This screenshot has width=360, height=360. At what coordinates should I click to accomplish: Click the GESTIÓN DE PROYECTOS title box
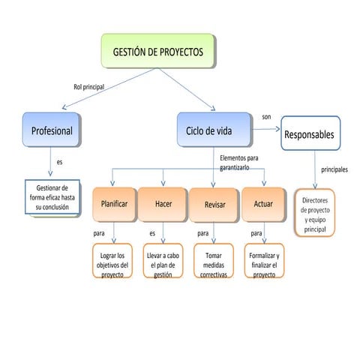(157, 52)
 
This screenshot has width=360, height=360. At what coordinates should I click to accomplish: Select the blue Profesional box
(51, 130)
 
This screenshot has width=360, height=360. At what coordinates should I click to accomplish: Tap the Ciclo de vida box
(214, 130)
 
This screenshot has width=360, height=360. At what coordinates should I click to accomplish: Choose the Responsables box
(310, 135)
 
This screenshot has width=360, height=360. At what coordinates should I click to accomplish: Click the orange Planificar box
(114, 204)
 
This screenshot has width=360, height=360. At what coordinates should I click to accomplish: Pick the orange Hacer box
(163, 204)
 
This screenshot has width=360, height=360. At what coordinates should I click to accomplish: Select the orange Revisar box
(214, 205)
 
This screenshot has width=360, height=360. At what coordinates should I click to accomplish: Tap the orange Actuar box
(263, 204)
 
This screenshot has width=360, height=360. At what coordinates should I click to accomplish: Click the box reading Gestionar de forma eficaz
(52, 197)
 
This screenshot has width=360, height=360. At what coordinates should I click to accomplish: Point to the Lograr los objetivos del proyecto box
(113, 260)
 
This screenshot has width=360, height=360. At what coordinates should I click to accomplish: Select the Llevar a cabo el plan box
(163, 260)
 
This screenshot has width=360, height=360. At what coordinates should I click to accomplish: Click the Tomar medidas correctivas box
(214, 260)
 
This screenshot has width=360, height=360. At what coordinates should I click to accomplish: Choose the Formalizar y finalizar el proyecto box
(264, 260)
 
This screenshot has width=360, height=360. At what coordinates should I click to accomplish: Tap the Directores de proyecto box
(315, 213)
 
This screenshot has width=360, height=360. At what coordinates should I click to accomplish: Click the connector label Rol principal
(88, 87)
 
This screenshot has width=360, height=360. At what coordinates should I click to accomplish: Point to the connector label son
(266, 117)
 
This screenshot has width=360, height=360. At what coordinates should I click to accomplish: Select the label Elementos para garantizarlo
(239, 163)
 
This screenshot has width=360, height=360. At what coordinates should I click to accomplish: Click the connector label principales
(334, 170)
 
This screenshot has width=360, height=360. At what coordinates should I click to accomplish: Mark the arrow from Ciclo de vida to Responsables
(266, 130)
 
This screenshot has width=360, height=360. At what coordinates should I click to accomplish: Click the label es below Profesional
(59, 163)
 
